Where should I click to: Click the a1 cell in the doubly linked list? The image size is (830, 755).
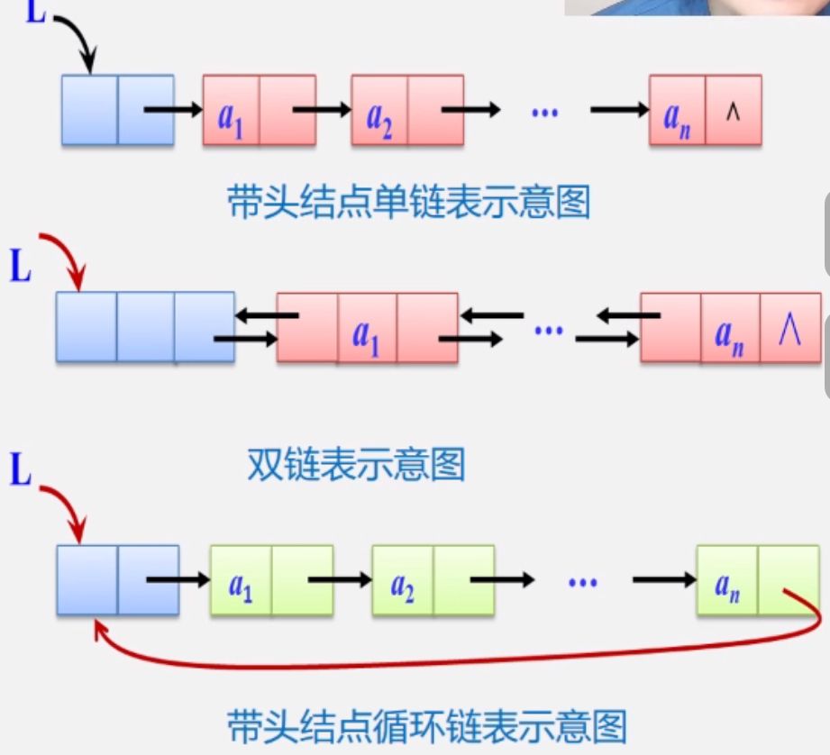tap(366, 328)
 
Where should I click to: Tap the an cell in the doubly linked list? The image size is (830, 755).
tap(729, 328)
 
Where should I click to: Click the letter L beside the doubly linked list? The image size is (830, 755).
tap(20, 268)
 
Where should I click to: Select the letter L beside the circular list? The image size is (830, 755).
tap(20, 471)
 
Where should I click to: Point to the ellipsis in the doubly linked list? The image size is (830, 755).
tap(548, 330)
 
